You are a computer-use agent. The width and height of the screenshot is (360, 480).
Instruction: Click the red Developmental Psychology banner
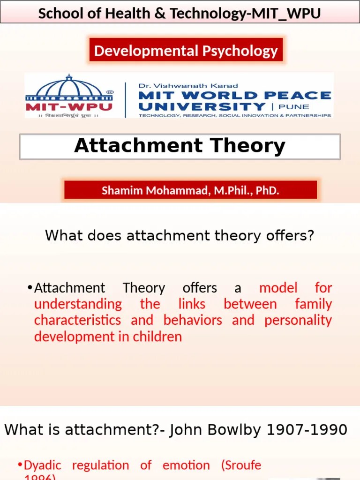tap(186, 50)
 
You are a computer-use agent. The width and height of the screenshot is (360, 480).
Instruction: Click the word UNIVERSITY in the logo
tap(202, 106)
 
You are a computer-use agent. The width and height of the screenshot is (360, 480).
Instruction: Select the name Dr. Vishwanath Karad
tap(188, 86)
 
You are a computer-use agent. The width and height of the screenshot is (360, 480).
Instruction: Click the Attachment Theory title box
tap(180, 146)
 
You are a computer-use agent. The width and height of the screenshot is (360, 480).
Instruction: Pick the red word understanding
tap(78, 304)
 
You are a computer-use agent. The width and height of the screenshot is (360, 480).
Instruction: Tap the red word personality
tap(298, 320)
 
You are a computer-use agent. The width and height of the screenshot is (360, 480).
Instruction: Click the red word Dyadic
tap(42, 465)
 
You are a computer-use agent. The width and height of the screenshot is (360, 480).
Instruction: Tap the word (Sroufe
tap(241, 465)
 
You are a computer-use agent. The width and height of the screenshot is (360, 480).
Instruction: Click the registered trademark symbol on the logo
tap(110, 92)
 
